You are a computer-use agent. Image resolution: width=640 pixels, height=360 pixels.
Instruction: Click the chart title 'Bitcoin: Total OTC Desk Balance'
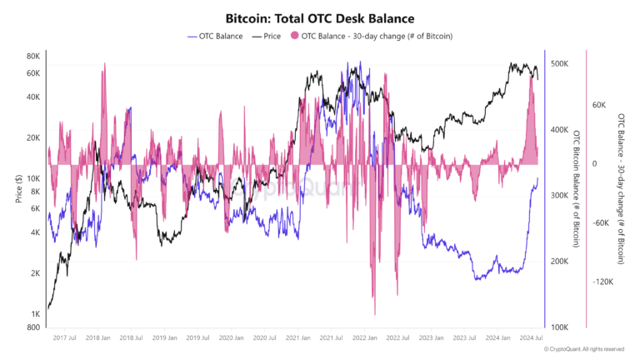[320, 17]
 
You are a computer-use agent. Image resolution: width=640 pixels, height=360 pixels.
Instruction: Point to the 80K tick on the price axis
[34, 56]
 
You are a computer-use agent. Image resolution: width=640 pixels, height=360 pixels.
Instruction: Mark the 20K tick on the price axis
[34, 137]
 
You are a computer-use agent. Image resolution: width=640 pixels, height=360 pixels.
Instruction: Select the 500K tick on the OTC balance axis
[558, 64]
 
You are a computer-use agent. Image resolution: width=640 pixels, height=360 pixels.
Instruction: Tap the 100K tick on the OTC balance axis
[558, 327]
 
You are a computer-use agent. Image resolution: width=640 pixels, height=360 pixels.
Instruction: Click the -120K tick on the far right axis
[603, 282]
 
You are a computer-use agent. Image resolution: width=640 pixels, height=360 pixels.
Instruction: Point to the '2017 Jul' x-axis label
[65, 338]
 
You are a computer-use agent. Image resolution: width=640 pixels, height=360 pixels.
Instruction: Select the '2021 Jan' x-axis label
[297, 338]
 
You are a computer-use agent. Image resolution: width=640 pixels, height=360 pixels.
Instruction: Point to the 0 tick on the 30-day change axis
[595, 164]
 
